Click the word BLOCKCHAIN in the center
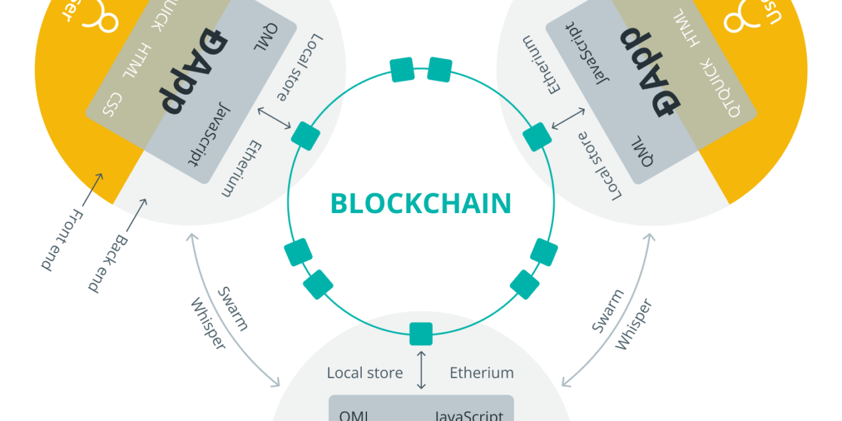[420, 204]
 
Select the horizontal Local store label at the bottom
[364, 373]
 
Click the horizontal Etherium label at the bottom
[482, 373]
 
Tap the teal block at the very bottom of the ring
[421, 334]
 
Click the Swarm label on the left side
[233, 309]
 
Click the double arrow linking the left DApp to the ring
[275, 118]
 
